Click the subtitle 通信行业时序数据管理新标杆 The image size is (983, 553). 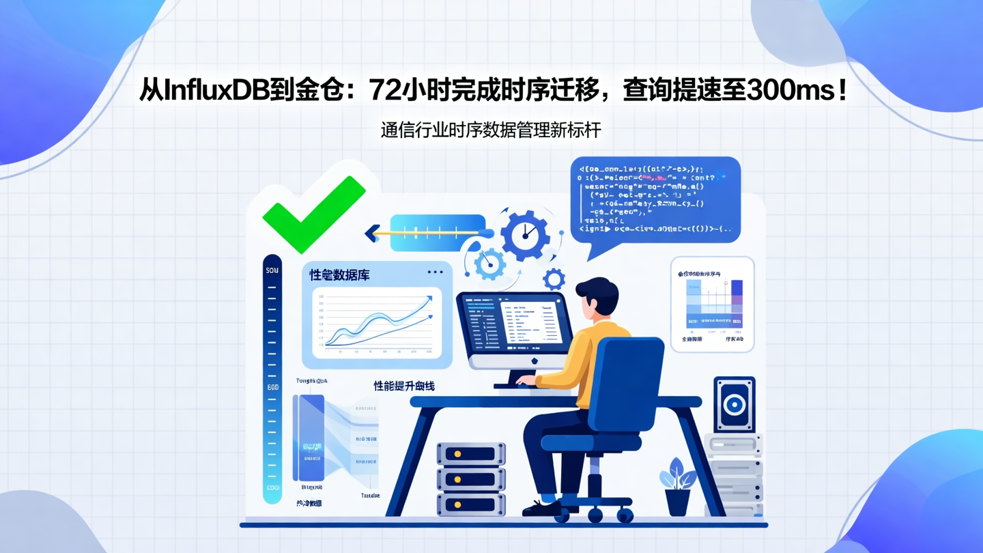(491, 130)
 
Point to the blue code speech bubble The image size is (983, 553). (655, 200)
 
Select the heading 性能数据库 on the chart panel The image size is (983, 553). (339, 275)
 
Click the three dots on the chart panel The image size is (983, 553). (435, 272)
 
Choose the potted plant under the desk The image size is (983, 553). (676, 485)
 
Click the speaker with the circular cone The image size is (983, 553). (734, 404)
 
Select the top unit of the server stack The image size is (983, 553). (470, 454)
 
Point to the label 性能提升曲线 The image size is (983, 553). (403, 386)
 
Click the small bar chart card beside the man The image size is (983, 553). (712, 304)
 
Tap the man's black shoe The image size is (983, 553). (543, 508)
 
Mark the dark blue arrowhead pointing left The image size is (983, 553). (373, 233)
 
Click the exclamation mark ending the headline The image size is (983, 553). (844, 90)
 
